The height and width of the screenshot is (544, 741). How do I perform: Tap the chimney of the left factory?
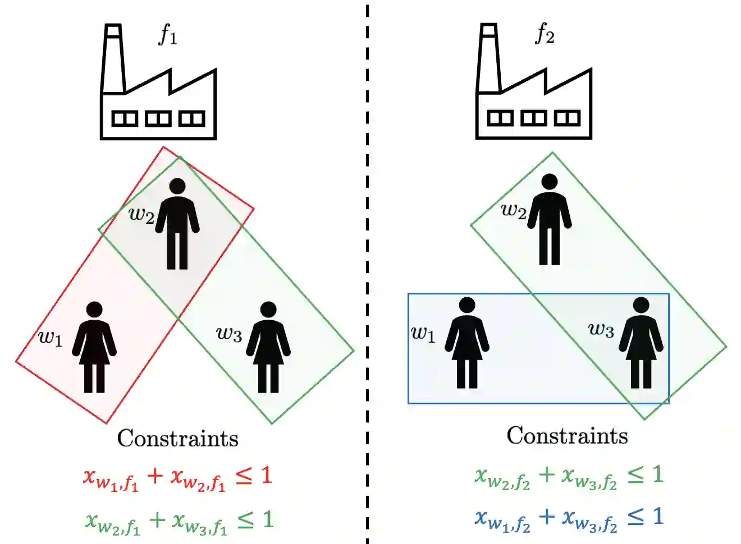113,59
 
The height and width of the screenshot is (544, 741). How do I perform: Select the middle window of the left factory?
158,119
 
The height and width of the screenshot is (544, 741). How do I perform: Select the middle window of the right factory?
533,118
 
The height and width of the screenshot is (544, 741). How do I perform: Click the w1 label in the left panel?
51,338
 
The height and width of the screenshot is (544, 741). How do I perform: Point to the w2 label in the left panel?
141,214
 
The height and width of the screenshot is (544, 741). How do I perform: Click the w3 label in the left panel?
228,334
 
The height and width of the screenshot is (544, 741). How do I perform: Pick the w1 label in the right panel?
423,334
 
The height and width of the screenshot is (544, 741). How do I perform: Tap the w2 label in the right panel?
513,211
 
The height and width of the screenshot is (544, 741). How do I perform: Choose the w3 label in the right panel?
601,330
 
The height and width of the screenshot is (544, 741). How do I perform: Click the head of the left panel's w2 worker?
177,186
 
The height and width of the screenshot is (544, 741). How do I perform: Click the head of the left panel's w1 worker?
94,310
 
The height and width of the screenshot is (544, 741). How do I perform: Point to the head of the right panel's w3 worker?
641,305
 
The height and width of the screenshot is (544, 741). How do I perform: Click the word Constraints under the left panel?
177,439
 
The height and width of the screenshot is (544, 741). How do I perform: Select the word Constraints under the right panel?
567,436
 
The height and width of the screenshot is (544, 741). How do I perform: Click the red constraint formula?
177,477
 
